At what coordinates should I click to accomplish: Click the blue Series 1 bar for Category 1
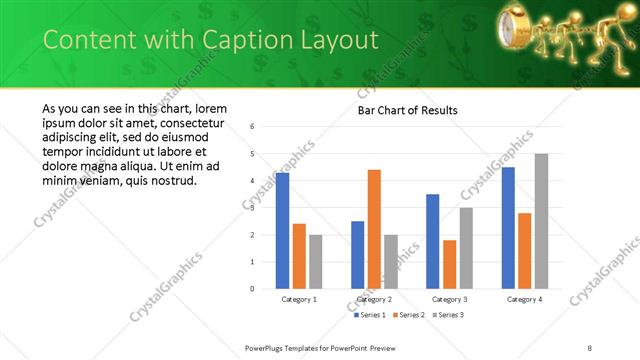click(282, 231)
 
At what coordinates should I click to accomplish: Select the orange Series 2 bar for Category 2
click(374, 229)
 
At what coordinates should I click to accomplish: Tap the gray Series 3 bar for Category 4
click(541, 221)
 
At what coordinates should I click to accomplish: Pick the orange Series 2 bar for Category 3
click(449, 264)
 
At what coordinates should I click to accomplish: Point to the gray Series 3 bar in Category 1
click(316, 262)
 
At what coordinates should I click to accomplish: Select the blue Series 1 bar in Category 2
click(357, 255)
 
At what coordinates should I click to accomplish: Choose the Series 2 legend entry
click(406, 315)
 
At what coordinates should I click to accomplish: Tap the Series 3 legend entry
click(446, 315)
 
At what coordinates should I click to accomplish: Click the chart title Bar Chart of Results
click(407, 110)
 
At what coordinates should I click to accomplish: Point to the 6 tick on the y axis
click(252, 127)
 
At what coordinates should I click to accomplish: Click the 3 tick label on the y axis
click(252, 208)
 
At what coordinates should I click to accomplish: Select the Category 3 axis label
click(449, 299)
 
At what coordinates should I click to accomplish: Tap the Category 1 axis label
click(299, 299)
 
